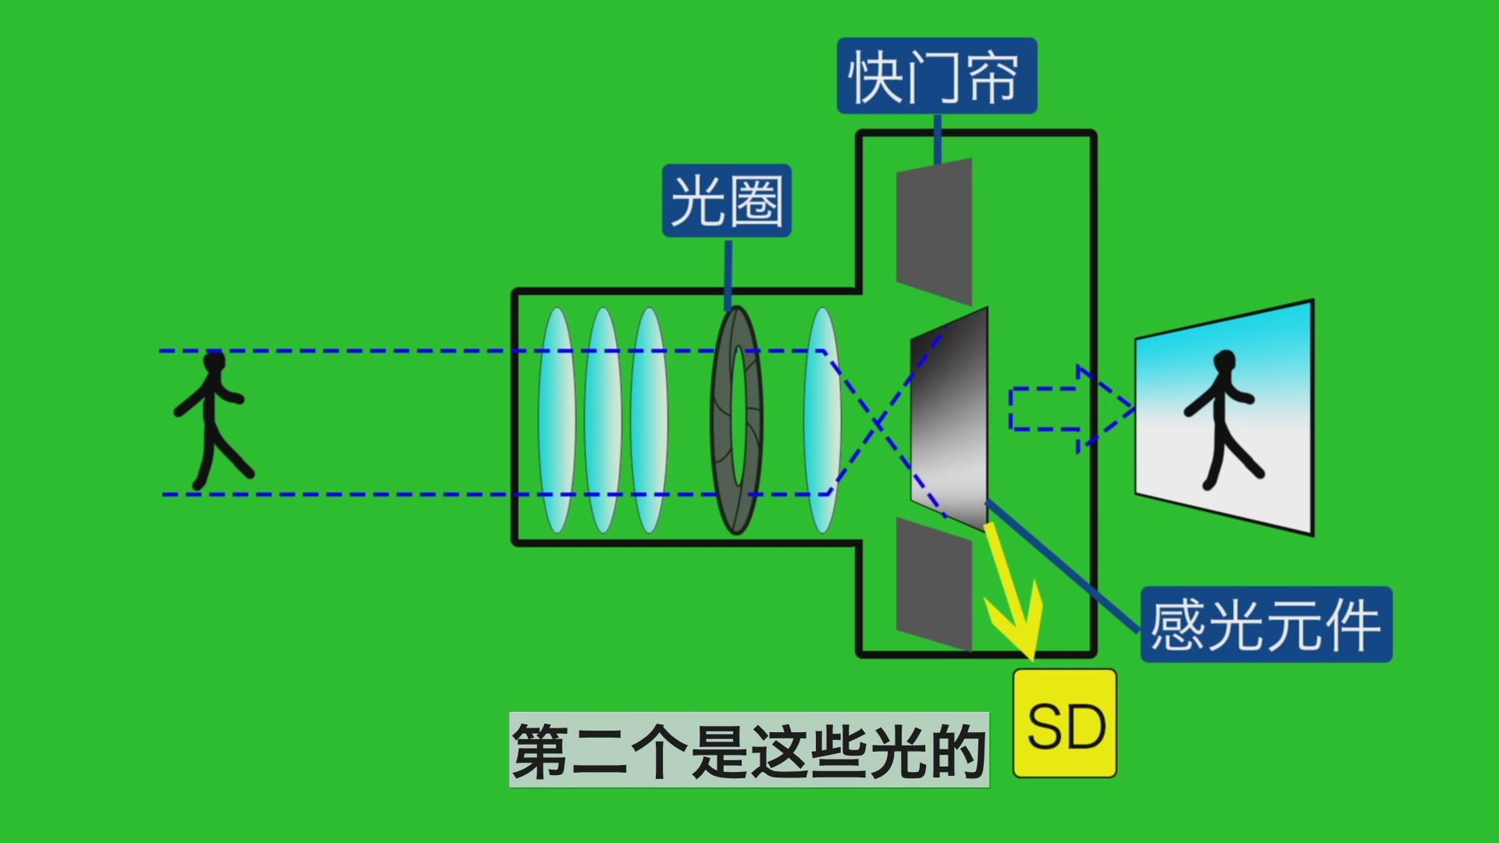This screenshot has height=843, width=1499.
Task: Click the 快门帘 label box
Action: [937, 76]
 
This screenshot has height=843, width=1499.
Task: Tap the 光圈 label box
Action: [727, 201]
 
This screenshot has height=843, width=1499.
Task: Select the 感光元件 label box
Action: [1266, 624]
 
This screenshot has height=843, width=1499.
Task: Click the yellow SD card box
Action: [1065, 724]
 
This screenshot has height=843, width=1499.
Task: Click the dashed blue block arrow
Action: [1070, 408]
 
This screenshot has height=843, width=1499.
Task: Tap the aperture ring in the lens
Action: [736, 419]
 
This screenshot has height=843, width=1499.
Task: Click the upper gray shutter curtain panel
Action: [934, 231]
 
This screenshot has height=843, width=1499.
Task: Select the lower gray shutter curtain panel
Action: [934, 583]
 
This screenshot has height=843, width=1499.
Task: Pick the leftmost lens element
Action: [557, 419]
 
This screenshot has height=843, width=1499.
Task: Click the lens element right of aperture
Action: [822, 419]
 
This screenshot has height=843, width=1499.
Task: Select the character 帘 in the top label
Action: [993, 76]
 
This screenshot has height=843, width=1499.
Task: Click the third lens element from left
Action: [649, 419]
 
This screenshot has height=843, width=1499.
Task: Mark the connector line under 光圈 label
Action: [728, 273]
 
